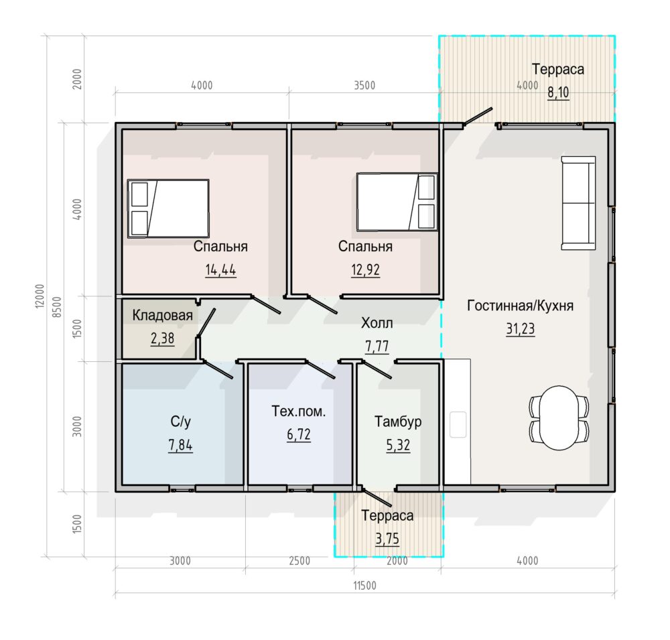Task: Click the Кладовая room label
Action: [x=162, y=316]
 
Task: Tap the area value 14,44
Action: [x=220, y=270]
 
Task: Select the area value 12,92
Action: [x=365, y=270]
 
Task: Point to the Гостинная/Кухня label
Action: [x=520, y=306]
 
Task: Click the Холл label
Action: [x=377, y=323]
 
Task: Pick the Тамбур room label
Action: [x=398, y=422]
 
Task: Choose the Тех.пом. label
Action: [x=299, y=411]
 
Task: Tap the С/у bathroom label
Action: [x=180, y=422]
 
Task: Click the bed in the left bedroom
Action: [x=168, y=208]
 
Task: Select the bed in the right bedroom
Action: [x=397, y=202]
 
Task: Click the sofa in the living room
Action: [x=579, y=202]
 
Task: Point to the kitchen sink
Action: [x=458, y=424]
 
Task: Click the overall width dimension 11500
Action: [x=364, y=586]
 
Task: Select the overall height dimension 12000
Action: [x=40, y=296]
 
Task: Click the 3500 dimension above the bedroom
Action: [x=364, y=86]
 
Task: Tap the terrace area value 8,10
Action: [x=559, y=92]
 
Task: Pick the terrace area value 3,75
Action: [x=387, y=539]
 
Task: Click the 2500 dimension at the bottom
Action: [x=299, y=561]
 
